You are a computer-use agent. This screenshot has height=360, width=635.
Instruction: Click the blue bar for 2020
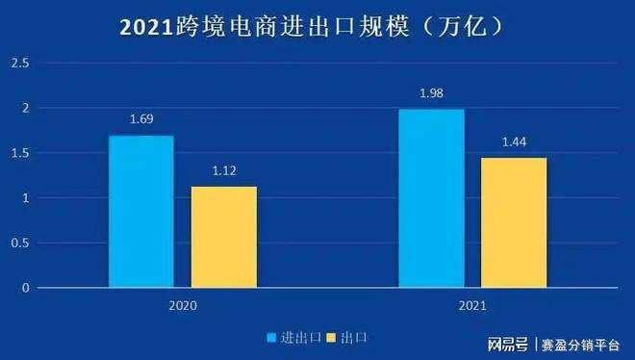click(141, 212)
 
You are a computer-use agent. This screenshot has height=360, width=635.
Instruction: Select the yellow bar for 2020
click(223, 237)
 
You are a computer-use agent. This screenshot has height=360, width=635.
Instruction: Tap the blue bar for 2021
click(432, 198)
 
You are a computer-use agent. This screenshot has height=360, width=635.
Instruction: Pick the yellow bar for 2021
click(514, 222)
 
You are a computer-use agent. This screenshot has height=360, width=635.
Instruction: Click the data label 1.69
click(141, 120)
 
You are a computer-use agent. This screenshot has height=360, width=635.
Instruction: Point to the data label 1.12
click(223, 171)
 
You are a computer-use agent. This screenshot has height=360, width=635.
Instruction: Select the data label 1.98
click(432, 93)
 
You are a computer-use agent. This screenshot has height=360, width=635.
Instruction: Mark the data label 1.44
click(514, 142)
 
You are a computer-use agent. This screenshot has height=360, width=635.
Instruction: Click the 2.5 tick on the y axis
click(20, 64)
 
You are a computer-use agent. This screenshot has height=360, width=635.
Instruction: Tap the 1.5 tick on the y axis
click(20, 154)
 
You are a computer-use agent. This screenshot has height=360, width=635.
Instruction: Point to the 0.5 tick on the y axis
click(20, 244)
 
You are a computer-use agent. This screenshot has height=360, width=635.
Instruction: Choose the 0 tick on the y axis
click(26, 288)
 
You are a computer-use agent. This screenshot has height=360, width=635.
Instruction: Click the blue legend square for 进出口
click(272, 338)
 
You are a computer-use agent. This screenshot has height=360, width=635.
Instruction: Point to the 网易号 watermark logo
click(508, 345)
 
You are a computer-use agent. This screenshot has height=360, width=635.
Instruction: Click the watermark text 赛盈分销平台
click(581, 345)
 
